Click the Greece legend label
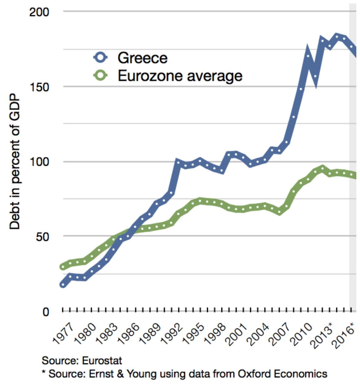[142, 58]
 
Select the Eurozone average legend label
[180, 76]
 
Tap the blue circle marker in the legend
[100, 57]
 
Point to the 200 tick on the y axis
[39, 13]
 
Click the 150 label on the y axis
[39, 87]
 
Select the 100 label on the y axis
[39, 162]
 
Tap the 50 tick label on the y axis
[42, 237]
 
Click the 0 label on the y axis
[46, 312]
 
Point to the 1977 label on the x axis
[63, 333]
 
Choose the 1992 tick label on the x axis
[171, 333]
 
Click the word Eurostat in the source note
[102, 360]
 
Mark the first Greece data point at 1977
[63, 285]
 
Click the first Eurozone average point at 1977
[63, 267]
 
